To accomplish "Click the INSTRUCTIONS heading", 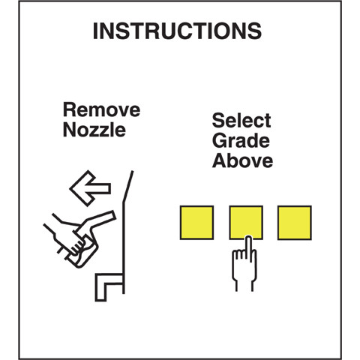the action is coord(177,31).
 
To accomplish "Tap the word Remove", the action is coord(101,109).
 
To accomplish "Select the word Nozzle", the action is coord(94,130).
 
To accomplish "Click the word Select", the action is coord(241,120).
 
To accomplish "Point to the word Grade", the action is coord(241,140).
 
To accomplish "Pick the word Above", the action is coord(242,160).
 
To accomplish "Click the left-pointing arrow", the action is coord(90,188).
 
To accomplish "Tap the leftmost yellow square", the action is coord(196,223).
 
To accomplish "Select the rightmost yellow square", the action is coord(295,223).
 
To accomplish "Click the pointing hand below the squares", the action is coord(244,265).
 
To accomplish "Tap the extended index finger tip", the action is coord(248,238).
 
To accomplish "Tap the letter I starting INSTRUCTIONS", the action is coord(94,31).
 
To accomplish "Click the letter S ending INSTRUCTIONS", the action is coord(254,31).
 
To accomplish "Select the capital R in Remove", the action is coord(69,109).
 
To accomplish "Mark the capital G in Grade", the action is coord(219,140).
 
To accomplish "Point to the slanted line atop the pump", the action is coord(128,186).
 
